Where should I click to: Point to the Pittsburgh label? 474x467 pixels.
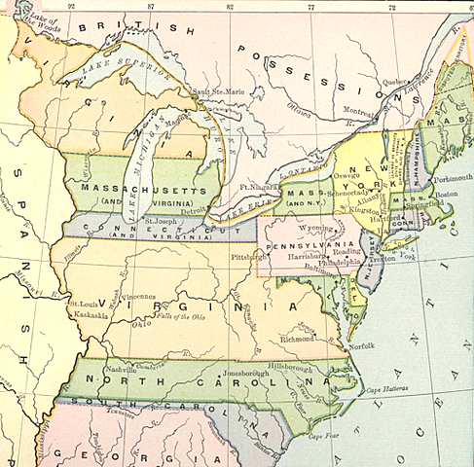point(250,257)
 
